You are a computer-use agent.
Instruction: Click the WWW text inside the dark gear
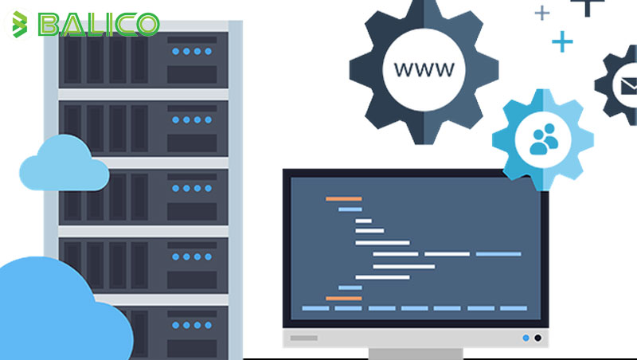424,69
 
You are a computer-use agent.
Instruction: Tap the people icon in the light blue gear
544,139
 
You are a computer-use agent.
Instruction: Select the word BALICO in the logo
99,25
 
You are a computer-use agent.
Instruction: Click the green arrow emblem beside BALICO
19,25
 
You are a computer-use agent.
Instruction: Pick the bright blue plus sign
562,41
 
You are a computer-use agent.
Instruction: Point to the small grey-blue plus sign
542,14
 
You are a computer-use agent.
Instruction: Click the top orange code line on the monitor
344,198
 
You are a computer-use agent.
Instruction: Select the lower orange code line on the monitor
344,298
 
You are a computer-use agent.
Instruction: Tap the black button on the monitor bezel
538,338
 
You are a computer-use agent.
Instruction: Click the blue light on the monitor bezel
526,338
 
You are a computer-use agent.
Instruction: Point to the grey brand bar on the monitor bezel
304,338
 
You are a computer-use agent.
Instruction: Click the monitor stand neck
416,354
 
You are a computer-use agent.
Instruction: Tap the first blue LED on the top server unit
175,51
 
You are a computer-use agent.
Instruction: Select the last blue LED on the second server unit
208,119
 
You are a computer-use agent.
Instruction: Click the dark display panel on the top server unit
192,75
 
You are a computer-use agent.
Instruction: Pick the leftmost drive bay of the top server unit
72,60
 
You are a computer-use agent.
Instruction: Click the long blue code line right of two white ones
498,254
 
